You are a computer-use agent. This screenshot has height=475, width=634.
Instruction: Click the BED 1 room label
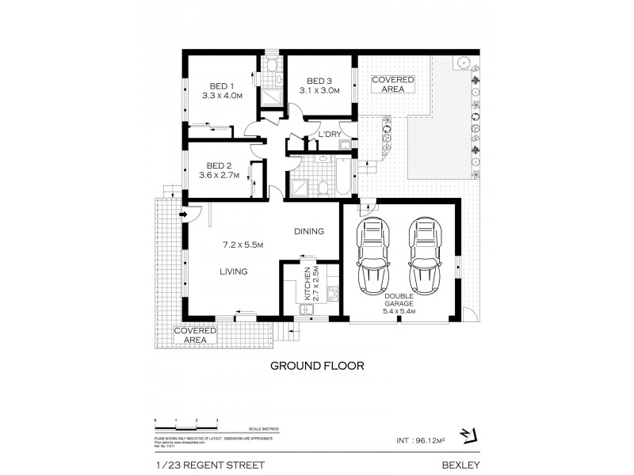pos(221,86)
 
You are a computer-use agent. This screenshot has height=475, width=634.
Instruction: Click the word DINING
pos(309,232)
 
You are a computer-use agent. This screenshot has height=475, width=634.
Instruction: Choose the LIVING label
pos(234,272)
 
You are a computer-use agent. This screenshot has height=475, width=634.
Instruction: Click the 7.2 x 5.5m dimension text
pos(243,244)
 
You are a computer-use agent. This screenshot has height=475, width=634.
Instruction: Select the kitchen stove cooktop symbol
pos(334,291)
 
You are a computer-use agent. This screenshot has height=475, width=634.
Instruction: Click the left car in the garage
pos(372,255)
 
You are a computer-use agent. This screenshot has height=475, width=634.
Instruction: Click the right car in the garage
pos(423,255)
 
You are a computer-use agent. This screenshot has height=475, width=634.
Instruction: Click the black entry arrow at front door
pos(182,213)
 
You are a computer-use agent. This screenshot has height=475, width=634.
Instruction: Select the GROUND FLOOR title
pos(317,367)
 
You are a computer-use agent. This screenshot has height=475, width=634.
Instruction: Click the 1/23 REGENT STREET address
pos(208,465)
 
